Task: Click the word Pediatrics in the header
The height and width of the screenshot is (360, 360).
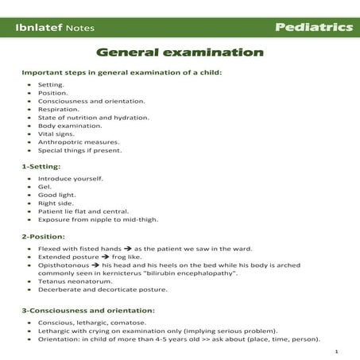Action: (x=314, y=27)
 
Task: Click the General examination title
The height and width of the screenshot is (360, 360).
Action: (x=180, y=52)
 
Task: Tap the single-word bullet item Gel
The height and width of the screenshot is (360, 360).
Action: (x=45, y=186)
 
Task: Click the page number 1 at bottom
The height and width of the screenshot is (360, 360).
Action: (x=337, y=350)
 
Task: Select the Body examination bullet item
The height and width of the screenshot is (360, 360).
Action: (x=69, y=126)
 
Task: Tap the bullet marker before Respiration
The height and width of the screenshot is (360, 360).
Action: (x=29, y=109)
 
